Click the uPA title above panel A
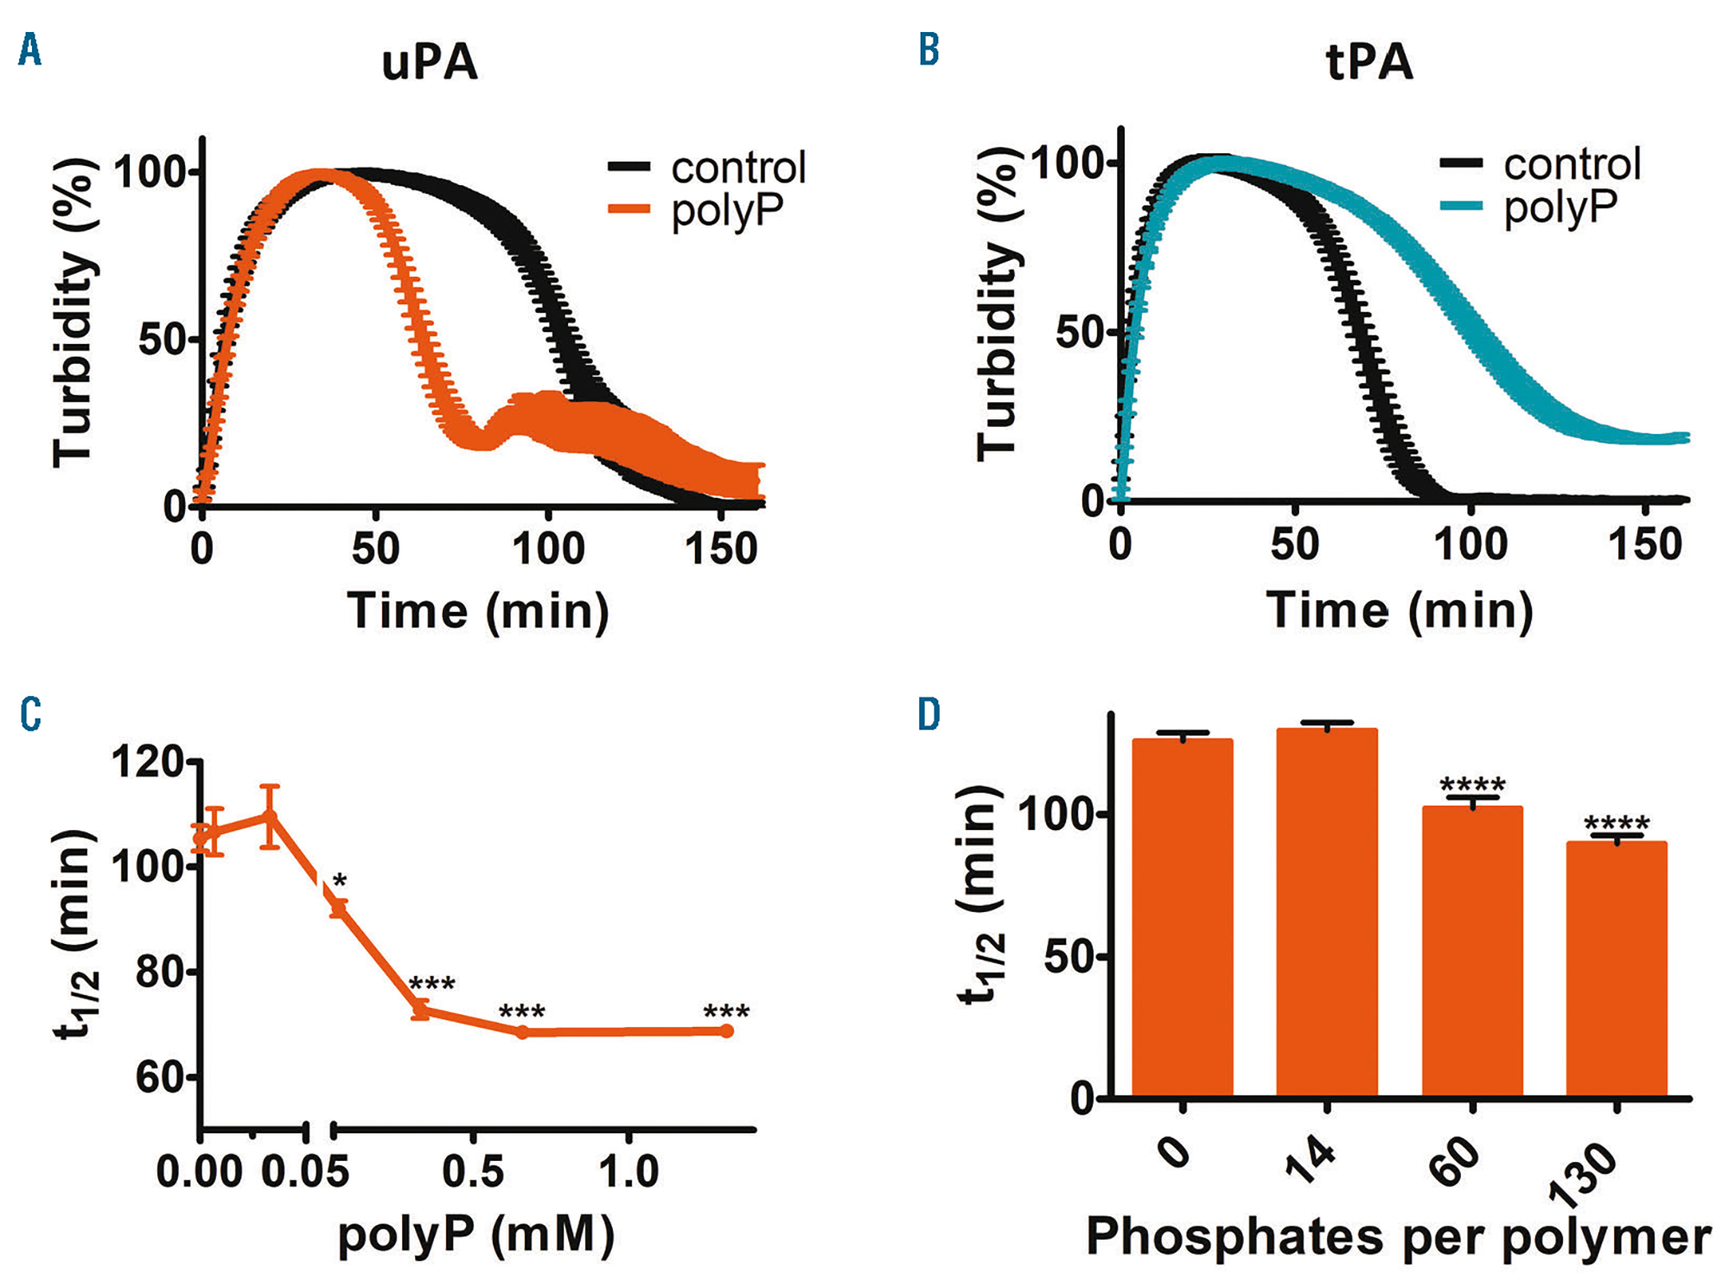pyautogui.click(x=430, y=62)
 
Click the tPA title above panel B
pyautogui.click(x=1369, y=62)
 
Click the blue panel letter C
pyautogui.click(x=30, y=715)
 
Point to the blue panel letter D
pyautogui.click(x=928, y=715)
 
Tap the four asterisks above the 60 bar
pyautogui.click(x=1472, y=785)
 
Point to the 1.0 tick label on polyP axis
pyautogui.click(x=628, y=1171)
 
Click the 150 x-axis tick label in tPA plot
pyautogui.click(x=1644, y=545)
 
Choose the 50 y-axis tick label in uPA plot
pyautogui.click(x=163, y=340)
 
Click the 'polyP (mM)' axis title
pyautogui.click(x=476, y=1235)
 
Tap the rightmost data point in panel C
pyautogui.click(x=727, y=1031)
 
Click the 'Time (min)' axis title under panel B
pyautogui.click(x=1399, y=610)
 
